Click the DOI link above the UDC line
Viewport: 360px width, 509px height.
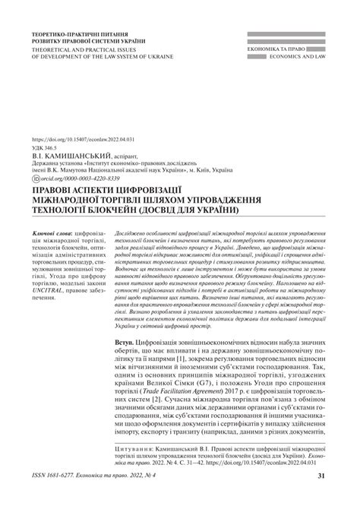point(83,141)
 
